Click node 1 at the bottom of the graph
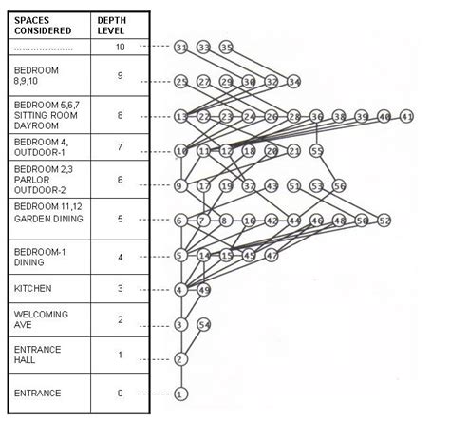pyautogui.click(x=181, y=393)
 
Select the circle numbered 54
pyautogui.click(x=203, y=325)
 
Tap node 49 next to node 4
pyautogui.click(x=203, y=289)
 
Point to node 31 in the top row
pyautogui.click(x=181, y=46)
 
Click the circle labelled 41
pyautogui.click(x=407, y=116)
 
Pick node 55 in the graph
pyautogui.click(x=317, y=150)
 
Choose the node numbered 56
pyautogui.click(x=339, y=185)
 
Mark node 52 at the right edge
pyautogui.click(x=384, y=220)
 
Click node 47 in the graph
pyautogui.click(x=272, y=255)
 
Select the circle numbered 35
pyautogui.click(x=226, y=46)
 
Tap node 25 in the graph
pyautogui.click(x=181, y=82)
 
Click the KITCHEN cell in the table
pyautogui.click(x=34, y=287)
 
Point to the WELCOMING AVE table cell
pyautogui.click(x=38, y=318)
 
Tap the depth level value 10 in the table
pyautogui.click(x=120, y=46)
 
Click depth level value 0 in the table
pyautogui.click(x=120, y=392)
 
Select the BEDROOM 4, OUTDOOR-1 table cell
pyautogui.click(x=43, y=147)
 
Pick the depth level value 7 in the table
pyautogui.click(x=120, y=148)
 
